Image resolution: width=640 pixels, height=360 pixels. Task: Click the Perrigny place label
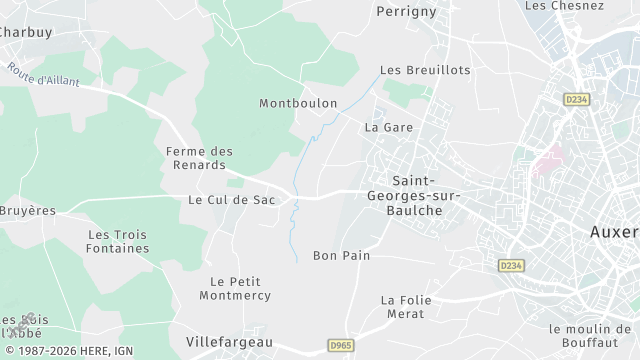click(x=407, y=12)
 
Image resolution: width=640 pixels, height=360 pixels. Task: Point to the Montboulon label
click(x=298, y=104)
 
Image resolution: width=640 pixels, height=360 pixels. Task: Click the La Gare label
click(x=389, y=128)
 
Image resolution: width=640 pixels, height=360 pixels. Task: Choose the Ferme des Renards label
click(x=199, y=158)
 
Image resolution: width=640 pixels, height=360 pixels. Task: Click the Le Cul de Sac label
click(x=231, y=200)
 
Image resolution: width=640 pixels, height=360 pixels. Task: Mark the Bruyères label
click(x=27, y=212)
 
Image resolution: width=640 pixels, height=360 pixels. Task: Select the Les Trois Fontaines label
click(x=118, y=241)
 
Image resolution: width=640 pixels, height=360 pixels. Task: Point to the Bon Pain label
click(x=341, y=256)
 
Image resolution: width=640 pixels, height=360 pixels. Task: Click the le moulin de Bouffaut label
click(x=595, y=335)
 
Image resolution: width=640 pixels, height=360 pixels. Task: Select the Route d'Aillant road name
click(x=41, y=76)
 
